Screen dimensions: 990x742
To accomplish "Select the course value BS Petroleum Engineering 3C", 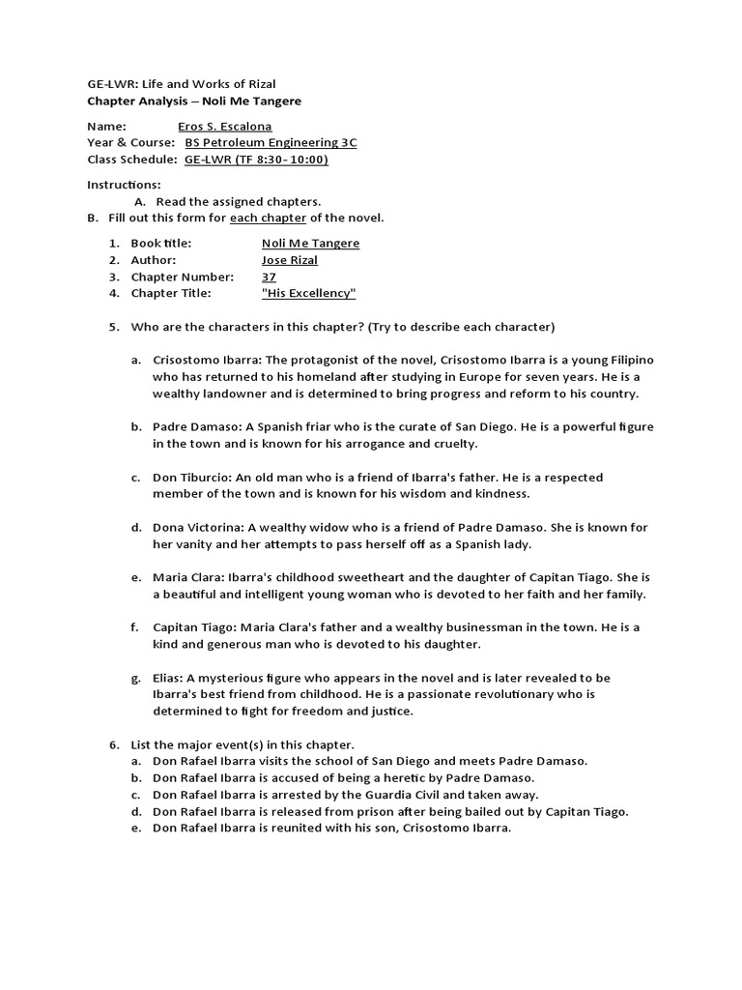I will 271,142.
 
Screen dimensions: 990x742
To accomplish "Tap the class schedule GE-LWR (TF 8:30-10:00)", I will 256,159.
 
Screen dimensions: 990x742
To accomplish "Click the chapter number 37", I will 269,276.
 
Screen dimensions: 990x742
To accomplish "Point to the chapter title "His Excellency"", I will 309,292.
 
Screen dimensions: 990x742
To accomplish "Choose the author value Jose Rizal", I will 290,259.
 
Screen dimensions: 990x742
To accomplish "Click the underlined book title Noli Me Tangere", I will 310,243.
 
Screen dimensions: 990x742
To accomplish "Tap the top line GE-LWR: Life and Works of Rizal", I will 182,84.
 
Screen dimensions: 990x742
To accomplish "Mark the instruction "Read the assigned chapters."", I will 238,201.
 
